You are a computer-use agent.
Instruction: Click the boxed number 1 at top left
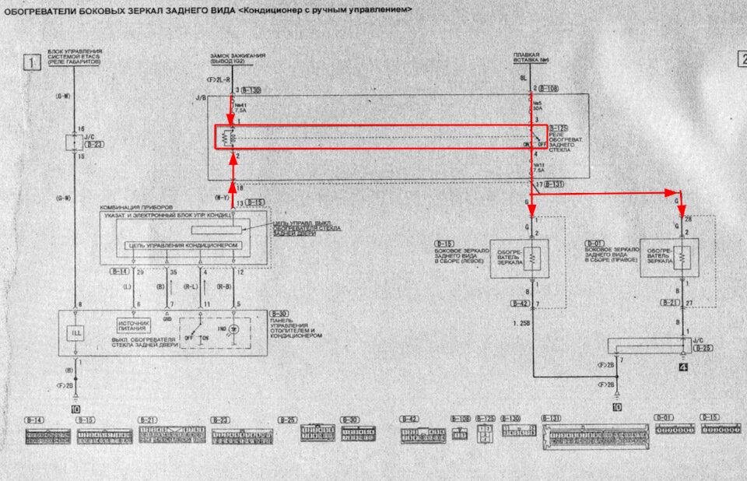click(31, 63)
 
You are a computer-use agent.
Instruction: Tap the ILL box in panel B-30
click(76, 332)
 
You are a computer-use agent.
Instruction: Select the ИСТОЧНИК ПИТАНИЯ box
click(132, 325)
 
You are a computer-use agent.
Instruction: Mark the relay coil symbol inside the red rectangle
click(227, 138)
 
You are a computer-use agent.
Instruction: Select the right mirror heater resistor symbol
click(681, 257)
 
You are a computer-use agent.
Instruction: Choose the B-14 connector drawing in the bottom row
click(46, 435)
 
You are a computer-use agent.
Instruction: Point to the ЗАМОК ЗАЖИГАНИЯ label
click(237, 56)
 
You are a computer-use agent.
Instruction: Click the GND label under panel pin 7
click(167, 318)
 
